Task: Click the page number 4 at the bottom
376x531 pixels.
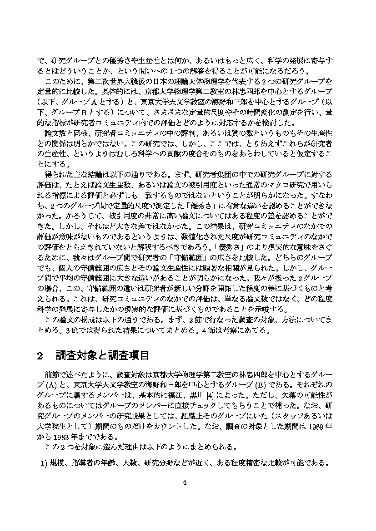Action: [185, 482]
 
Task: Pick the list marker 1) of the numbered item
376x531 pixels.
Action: [42, 463]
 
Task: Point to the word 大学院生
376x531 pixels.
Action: [52, 428]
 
